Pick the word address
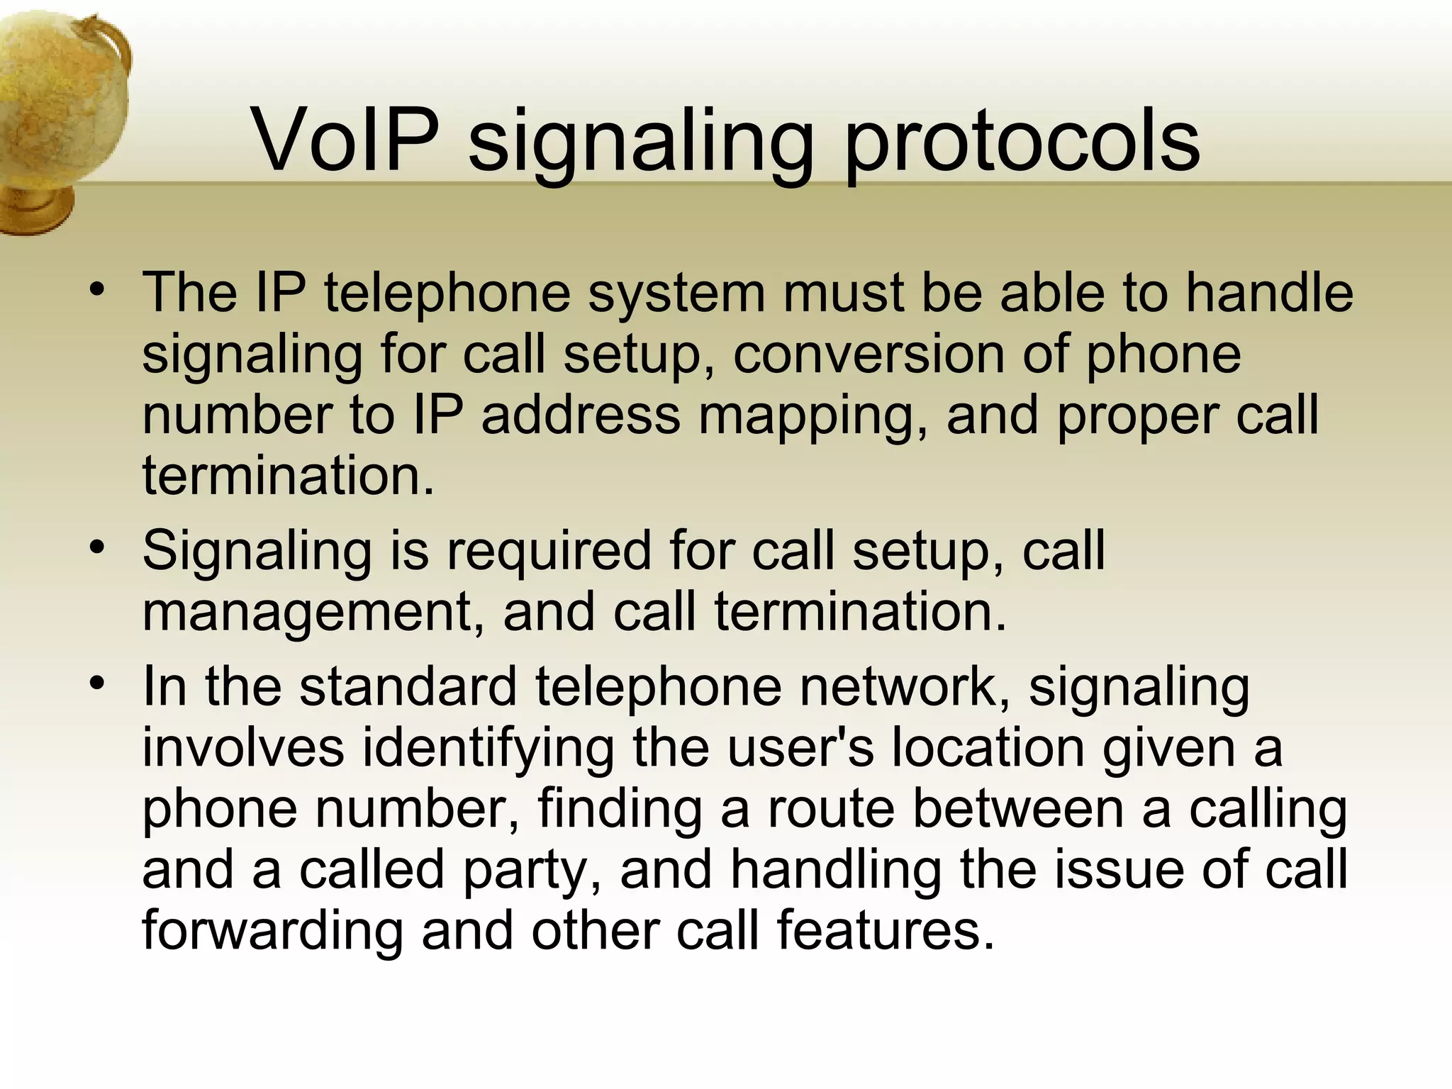click(580, 415)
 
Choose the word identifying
click(488, 749)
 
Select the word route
click(831, 809)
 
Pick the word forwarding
click(272, 931)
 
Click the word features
click(886, 931)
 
